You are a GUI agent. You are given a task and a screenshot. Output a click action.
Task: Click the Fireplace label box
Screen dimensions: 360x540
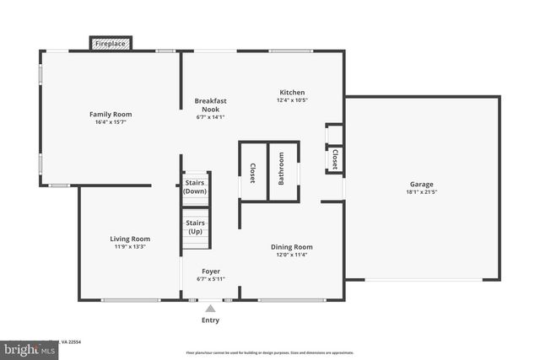111,43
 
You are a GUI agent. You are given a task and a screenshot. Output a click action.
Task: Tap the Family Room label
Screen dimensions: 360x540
111,114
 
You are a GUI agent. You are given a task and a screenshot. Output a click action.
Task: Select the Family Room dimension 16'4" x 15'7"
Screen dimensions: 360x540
111,123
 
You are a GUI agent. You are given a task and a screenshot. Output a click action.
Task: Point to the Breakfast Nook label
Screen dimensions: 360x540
211,105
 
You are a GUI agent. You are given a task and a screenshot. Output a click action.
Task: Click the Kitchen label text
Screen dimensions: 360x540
292,93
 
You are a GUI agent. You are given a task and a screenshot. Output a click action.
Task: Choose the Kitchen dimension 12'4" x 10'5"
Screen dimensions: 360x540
292,101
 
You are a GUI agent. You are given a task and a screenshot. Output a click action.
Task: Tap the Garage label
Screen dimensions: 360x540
422,184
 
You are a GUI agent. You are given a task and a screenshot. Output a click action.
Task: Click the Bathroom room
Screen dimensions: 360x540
283,172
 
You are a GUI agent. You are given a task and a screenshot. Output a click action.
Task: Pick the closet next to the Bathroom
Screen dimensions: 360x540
252,173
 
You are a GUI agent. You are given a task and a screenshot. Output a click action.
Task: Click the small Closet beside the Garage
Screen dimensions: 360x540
335,159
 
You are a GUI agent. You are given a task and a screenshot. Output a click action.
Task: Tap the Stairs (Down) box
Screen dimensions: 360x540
196,186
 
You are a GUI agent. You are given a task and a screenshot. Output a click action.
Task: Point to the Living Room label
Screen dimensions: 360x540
130,239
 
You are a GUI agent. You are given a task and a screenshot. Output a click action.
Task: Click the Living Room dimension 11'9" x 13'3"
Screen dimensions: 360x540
130,247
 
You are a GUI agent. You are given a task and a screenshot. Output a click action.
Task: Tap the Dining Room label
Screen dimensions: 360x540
292,247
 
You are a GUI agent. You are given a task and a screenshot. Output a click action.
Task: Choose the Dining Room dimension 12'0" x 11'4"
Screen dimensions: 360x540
292,255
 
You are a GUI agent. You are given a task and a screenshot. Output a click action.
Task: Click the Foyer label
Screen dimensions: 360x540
211,271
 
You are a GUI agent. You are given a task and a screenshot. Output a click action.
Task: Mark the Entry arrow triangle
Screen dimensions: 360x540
210,309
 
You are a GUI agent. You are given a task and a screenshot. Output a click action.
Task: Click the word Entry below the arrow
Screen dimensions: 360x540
210,320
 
